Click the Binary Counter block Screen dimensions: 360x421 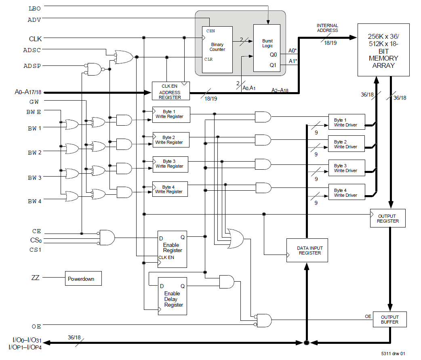[217, 49]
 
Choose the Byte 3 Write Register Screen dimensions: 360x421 [170, 164]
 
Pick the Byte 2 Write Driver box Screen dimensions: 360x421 [346, 144]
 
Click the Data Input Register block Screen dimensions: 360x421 [307, 250]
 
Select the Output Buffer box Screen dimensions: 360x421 [389, 319]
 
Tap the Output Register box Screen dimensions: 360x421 [387, 218]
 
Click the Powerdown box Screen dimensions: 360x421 [83, 279]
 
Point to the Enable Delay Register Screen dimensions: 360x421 [172, 296]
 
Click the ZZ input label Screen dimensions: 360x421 [35, 278]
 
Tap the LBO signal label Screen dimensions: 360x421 [34, 8]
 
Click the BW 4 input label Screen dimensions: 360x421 [34, 201]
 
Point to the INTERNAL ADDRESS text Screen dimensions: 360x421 [327, 27]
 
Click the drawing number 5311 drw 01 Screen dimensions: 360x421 [394, 353]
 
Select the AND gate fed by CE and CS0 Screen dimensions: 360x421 [107, 237]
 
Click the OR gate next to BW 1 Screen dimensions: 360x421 [72, 124]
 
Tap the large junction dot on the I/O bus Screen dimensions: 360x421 [306, 343]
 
